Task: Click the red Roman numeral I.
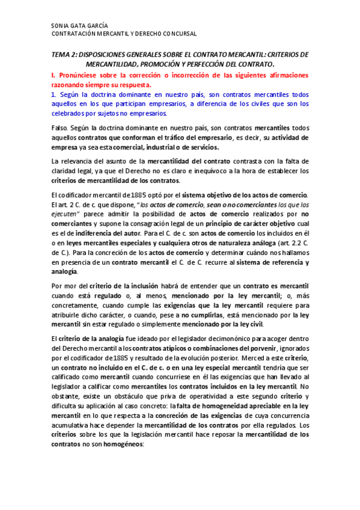point(55,75)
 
